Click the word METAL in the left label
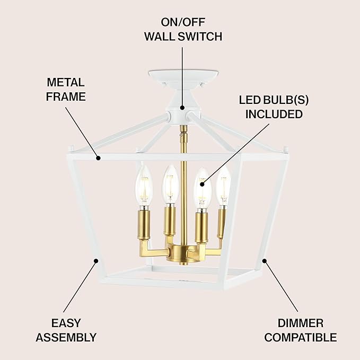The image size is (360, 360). (66, 83)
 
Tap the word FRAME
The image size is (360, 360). (66, 96)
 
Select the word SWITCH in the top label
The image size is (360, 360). (201, 37)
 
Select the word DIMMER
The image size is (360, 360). (300, 323)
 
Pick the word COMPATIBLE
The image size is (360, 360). (300, 337)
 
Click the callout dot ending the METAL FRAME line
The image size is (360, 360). (98, 157)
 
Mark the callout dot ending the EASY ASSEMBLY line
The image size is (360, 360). (96, 260)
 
